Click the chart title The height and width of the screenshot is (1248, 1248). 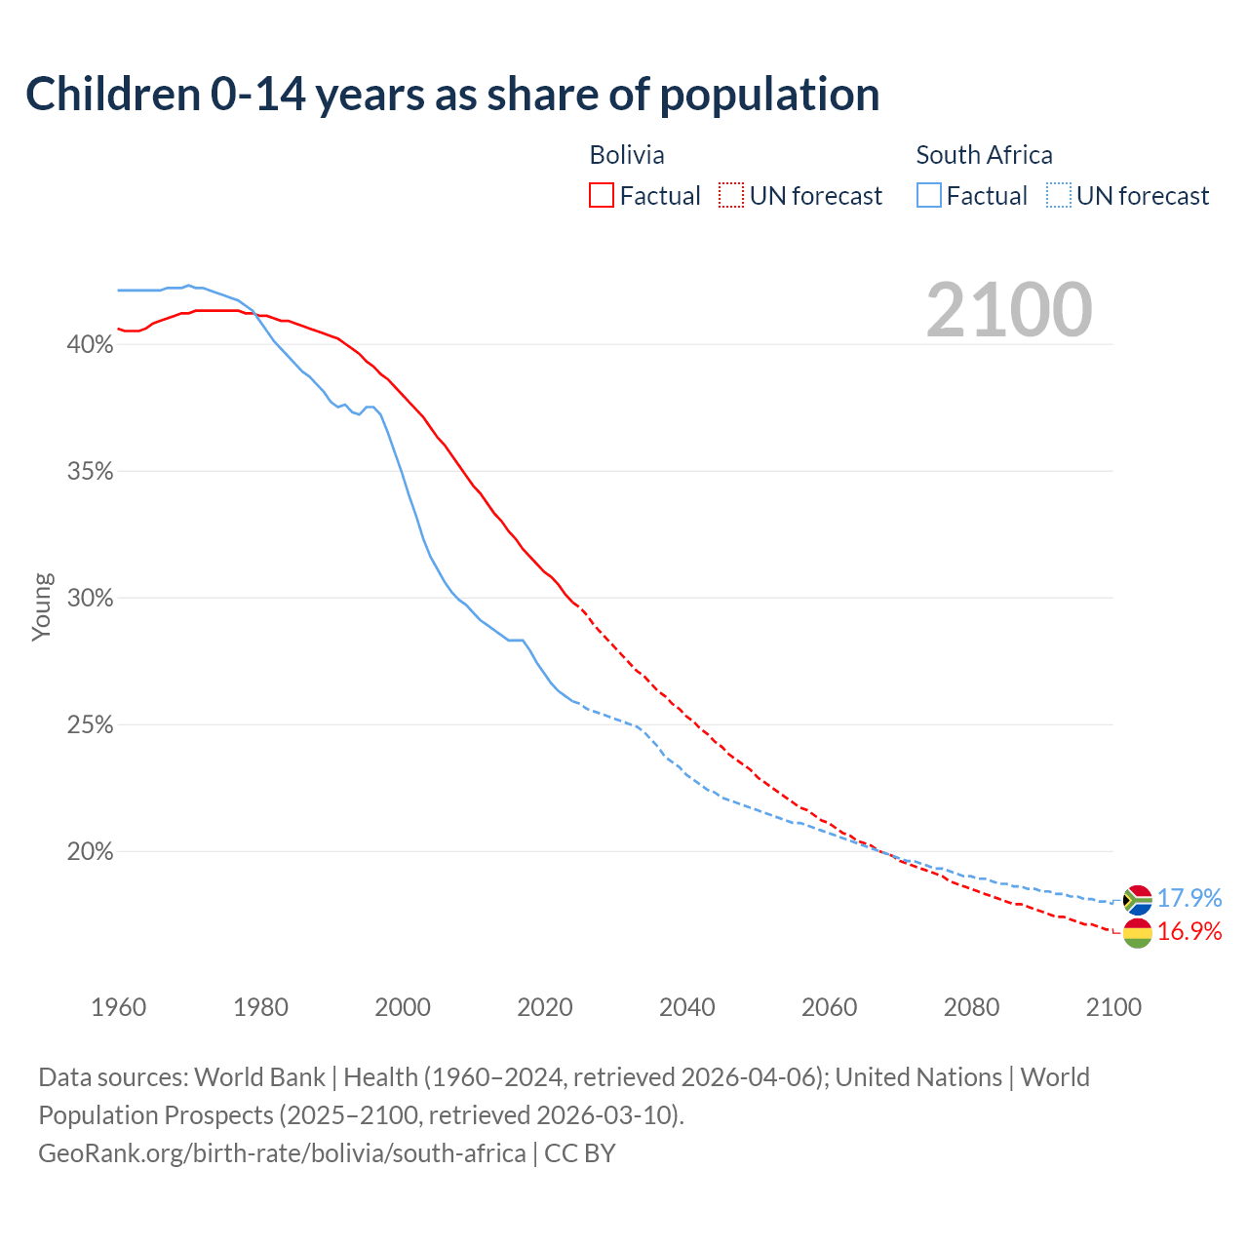pyautogui.click(x=452, y=95)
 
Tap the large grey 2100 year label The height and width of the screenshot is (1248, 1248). pyautogui.click(x=1009, y=310)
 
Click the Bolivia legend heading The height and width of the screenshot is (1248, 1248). pyautogui.click(x=627, y=155)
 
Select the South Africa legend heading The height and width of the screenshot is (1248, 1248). pyautogui.click(x=984, y=155)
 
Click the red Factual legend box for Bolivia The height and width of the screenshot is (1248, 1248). pyautogui.click(x=602, y=196)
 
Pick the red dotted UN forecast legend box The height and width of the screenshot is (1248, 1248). pyautogui.click(x=731, y=196)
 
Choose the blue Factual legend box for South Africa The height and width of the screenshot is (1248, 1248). pyautogui.click(x=929, y=196)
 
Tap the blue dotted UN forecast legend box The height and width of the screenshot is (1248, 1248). pyautogui.click(x=1058, y=196)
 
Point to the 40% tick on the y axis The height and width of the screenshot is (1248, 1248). pyautogui.click(x=90, y=345)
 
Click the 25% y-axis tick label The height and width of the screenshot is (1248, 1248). pyautogui.click(x=90, y=725)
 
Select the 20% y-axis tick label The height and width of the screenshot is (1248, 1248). pyautogui.click(x=90, y=852)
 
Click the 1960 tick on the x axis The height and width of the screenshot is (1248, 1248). pyautogui.click(x=118, y=1007)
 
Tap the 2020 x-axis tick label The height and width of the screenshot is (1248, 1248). pyautogui.click(x=545, y=1007)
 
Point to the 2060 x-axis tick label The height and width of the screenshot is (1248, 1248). pyautogui.click(x=829, y=1007)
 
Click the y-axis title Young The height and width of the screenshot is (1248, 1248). pyautogui.click(x=42, y=606)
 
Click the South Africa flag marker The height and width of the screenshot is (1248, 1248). pyautogui.click(x=1137, y=900)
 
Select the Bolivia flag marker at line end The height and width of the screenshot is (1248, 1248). pyautogui.click(x=1137, y=933)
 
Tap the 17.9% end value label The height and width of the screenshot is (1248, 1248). pyautogui.click(x=1189, y=898)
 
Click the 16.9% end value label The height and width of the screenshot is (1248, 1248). pyautogui.click(x=1189, y=932)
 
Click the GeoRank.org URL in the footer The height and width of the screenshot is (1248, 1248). pyautogui.click(x=282, y=1153)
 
